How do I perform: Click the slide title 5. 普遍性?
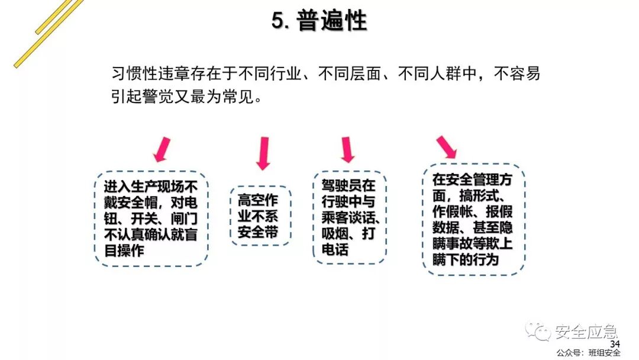319,21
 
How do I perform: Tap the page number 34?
614,345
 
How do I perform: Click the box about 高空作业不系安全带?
260,216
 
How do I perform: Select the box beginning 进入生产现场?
151,218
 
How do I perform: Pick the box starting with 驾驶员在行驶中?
348,217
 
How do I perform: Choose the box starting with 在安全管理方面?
473,219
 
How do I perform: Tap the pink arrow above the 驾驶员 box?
347,150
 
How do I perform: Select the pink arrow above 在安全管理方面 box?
446,148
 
